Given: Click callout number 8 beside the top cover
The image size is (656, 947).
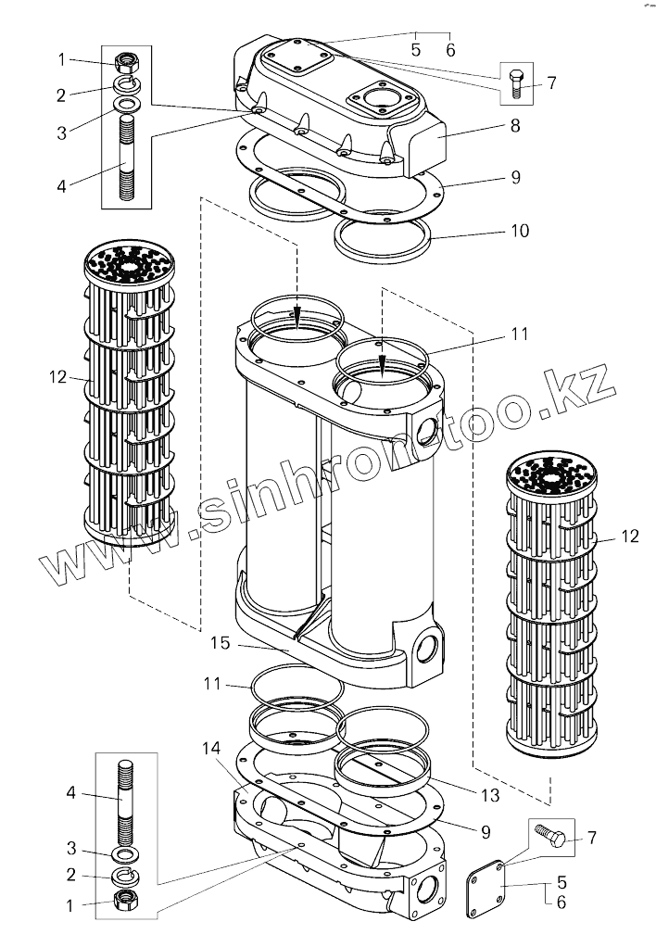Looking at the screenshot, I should click(514, 123).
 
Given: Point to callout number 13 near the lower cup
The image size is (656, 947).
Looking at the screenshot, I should click(490, 796).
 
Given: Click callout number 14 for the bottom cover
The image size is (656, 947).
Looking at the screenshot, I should click(211, 746).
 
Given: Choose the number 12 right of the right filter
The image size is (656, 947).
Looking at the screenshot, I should click(630, 536).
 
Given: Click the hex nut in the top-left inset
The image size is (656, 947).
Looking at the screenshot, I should click(127, 63).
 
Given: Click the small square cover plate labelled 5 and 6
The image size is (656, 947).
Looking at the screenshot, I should click(486, 889).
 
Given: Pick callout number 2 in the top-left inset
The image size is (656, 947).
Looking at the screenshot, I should click(61, 95).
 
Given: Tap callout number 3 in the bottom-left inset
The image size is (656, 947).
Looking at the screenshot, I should click(71, 849).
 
